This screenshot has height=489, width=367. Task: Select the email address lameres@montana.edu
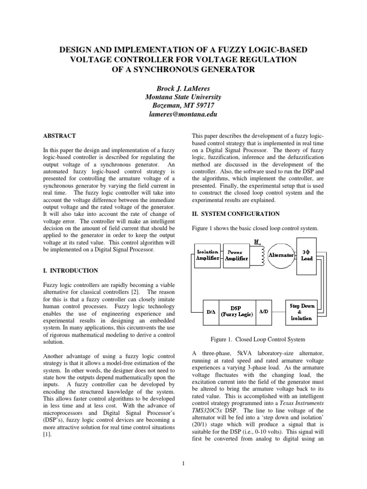click(x=183, y=115)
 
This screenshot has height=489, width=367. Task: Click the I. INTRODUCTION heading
click(x=70, y=271)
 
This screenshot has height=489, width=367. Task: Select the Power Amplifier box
click(x=237, y=255)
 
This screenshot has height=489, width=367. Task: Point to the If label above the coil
click(x=257, y=242)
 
